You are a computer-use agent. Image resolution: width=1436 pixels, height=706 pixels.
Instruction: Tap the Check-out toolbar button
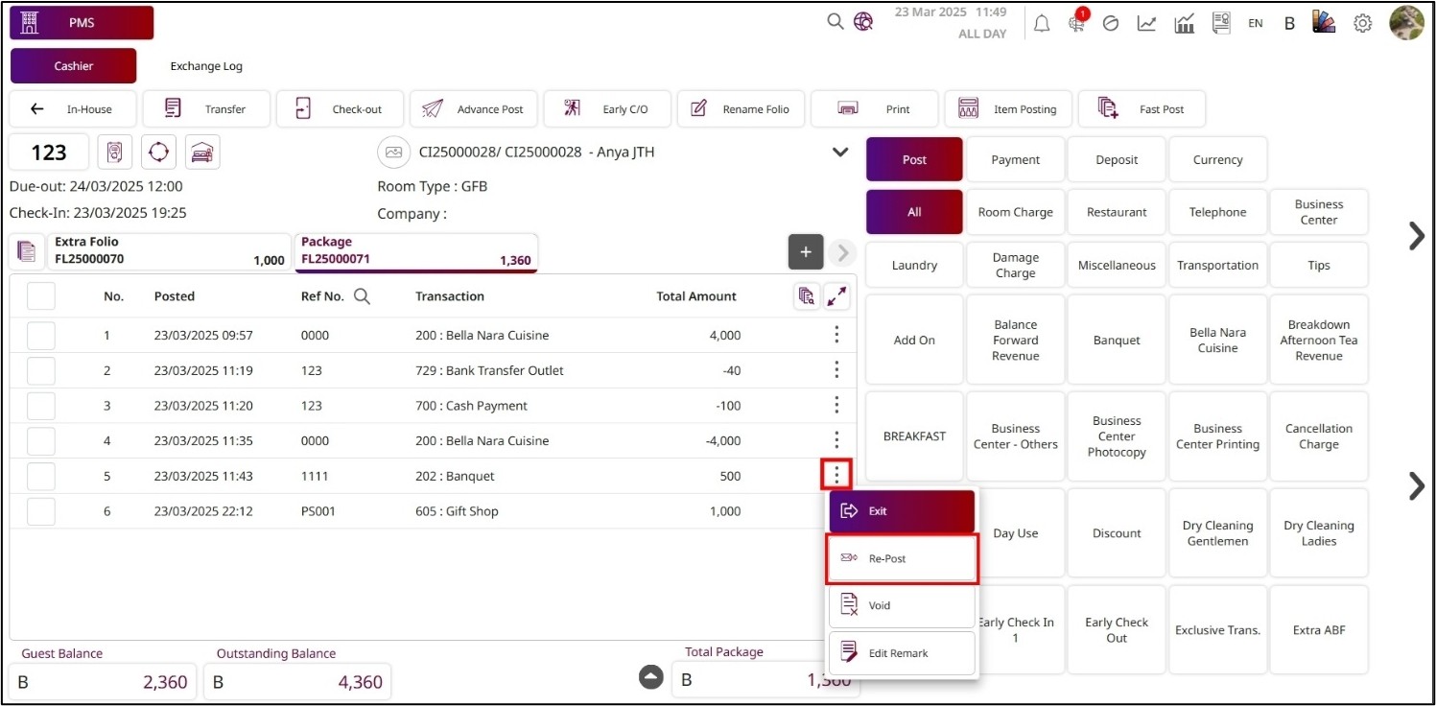click(341, 109)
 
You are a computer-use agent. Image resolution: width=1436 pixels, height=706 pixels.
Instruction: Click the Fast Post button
click(1142, 109)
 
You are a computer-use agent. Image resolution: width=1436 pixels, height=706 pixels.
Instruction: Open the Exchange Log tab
click(206, 66)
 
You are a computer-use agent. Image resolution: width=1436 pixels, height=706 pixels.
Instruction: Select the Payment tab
click(1015, 160)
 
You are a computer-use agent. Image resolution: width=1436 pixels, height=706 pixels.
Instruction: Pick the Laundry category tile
click(914, 266)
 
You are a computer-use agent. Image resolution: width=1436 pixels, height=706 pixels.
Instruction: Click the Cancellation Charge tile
click(1318, 436)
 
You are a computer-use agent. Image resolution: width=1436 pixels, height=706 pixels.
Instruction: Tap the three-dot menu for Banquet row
click(836, 476)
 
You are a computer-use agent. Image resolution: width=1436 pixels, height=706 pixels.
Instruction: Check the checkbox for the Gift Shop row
click(41, 511)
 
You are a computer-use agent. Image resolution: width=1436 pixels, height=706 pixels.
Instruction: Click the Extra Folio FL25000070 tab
click(168, 251)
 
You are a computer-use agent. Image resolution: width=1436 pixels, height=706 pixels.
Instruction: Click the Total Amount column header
click(696, 296)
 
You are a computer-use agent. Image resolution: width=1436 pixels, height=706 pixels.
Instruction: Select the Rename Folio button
click(742, 109)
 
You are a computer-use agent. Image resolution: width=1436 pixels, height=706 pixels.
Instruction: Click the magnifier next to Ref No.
click(362, 296)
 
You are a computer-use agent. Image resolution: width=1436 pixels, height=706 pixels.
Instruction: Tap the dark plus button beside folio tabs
click(806, 252)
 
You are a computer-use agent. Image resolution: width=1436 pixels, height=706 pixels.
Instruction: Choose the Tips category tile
click(1318, 266)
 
